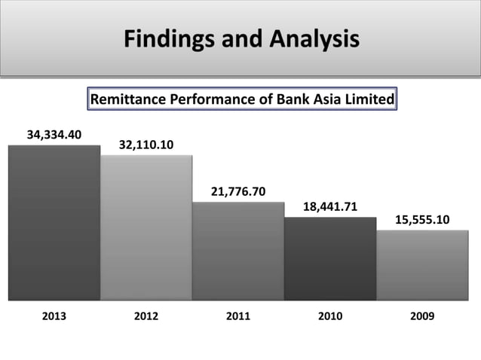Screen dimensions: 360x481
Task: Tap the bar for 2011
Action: [x=238, y=252]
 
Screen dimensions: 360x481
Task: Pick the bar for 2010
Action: [x=330, y=259]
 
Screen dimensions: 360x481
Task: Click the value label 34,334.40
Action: [x=54, y=136]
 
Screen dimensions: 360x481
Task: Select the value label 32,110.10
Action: [x=146, y=145]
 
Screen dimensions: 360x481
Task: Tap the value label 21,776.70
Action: [x=238, y=192]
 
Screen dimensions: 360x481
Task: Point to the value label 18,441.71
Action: [x=330, y=206]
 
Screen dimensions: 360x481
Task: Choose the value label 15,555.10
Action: [x=422, y=219]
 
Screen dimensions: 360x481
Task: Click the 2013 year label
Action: [x=54, y=317]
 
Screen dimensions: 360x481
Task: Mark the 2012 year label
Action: [x=146, y=317]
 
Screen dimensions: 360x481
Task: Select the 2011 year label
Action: [x=238, y=317]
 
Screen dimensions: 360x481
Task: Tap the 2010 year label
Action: [x=330, y=317]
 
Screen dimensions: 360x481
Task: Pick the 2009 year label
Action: [x=422, y=317]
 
